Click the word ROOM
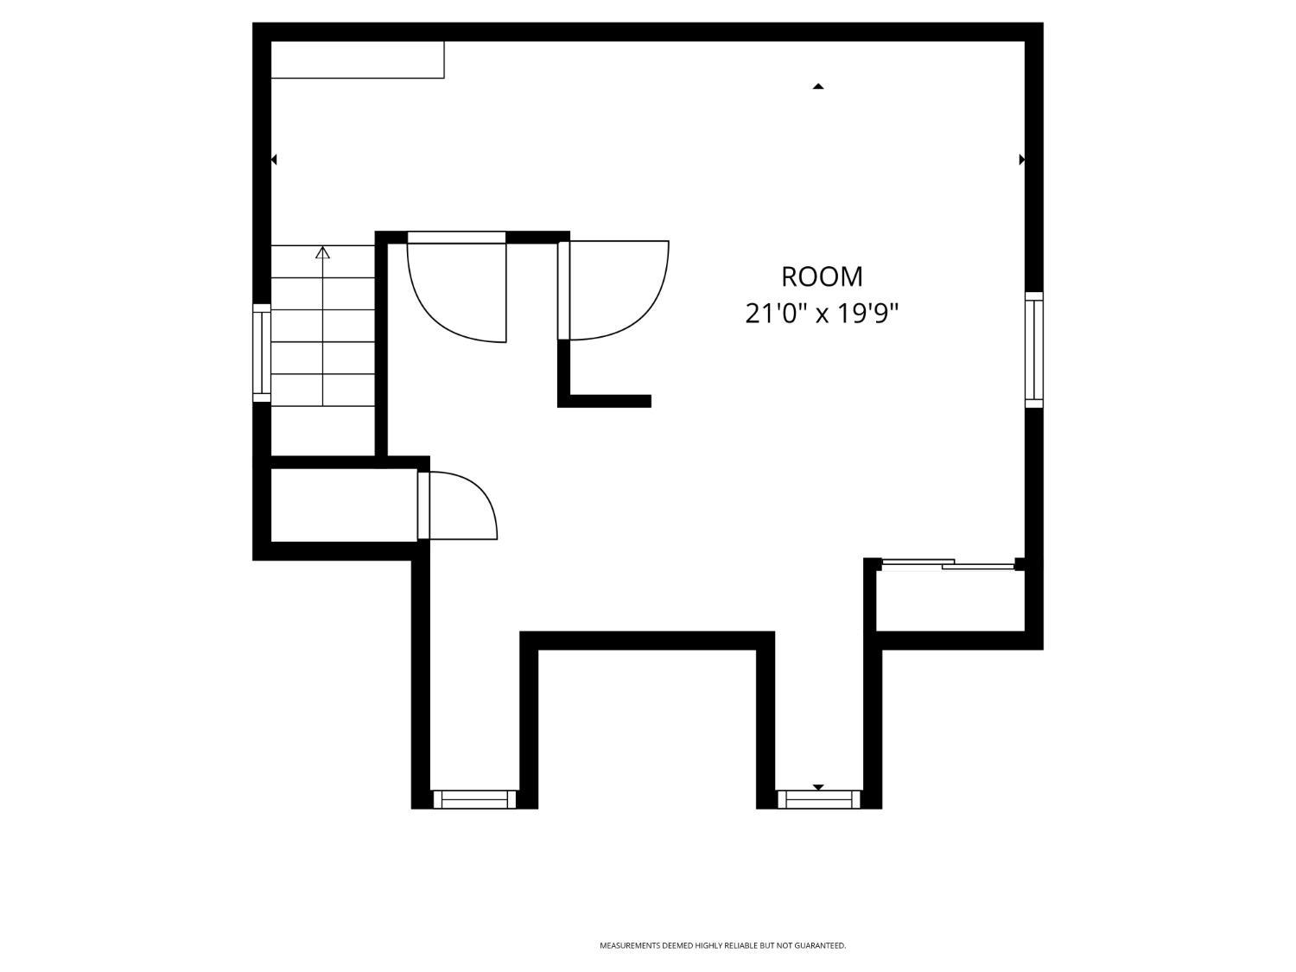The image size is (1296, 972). click(x=822, y=276)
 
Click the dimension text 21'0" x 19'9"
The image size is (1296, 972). click(x=822, y=313)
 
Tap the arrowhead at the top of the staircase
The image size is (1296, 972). click(x=323, y=252)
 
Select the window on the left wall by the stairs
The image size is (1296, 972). click(x=261, y=353)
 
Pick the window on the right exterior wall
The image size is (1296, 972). click(x=1034, y=350)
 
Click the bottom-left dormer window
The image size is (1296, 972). click(x=474, y=799)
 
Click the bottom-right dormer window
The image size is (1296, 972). click(x=819, y=800)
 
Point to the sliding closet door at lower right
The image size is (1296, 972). click(x=947, y=565)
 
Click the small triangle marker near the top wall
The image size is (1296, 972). click(x=818, y=86)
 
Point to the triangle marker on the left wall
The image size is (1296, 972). click(x=274, y=160)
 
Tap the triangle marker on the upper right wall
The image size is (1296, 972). click(x=1022, y=160)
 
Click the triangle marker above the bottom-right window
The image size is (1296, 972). click(x=818, y=787)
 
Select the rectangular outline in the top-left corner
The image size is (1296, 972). click(x=357, y=60)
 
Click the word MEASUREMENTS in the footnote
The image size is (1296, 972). click(x=630, y=946)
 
